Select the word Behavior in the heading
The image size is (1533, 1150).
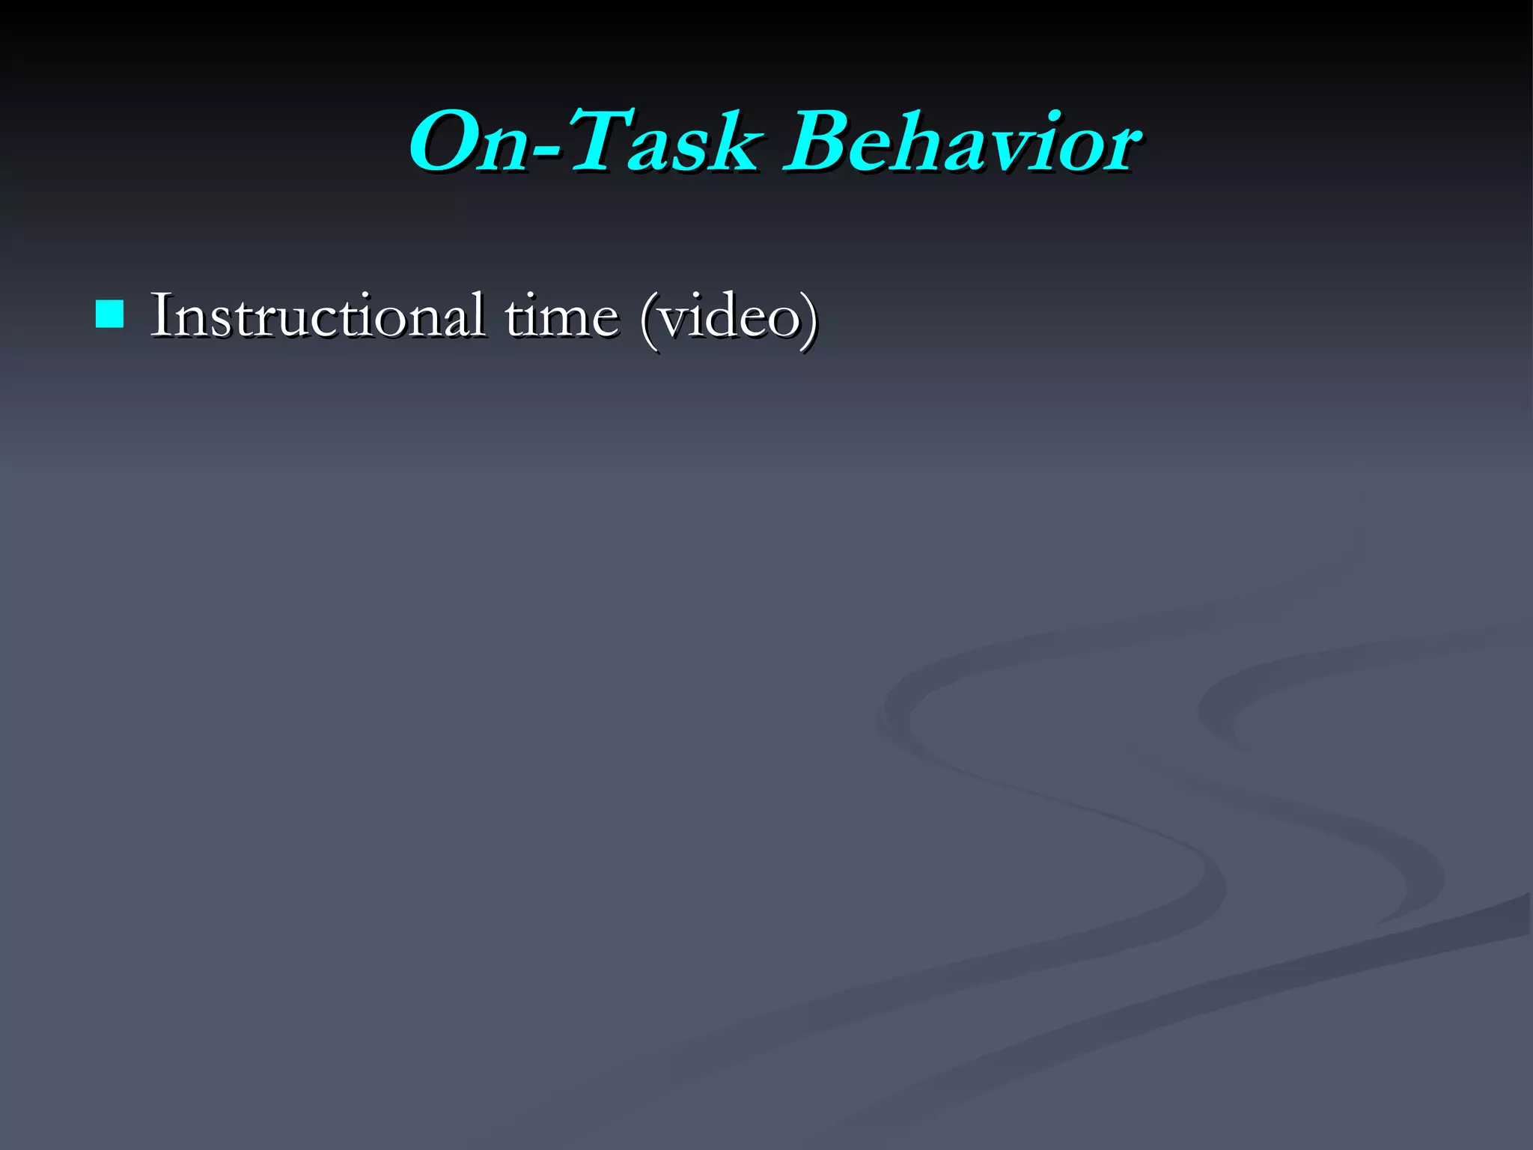(962, 142)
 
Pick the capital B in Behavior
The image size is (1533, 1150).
(820, 142)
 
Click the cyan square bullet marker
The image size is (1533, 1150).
(110, 314)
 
